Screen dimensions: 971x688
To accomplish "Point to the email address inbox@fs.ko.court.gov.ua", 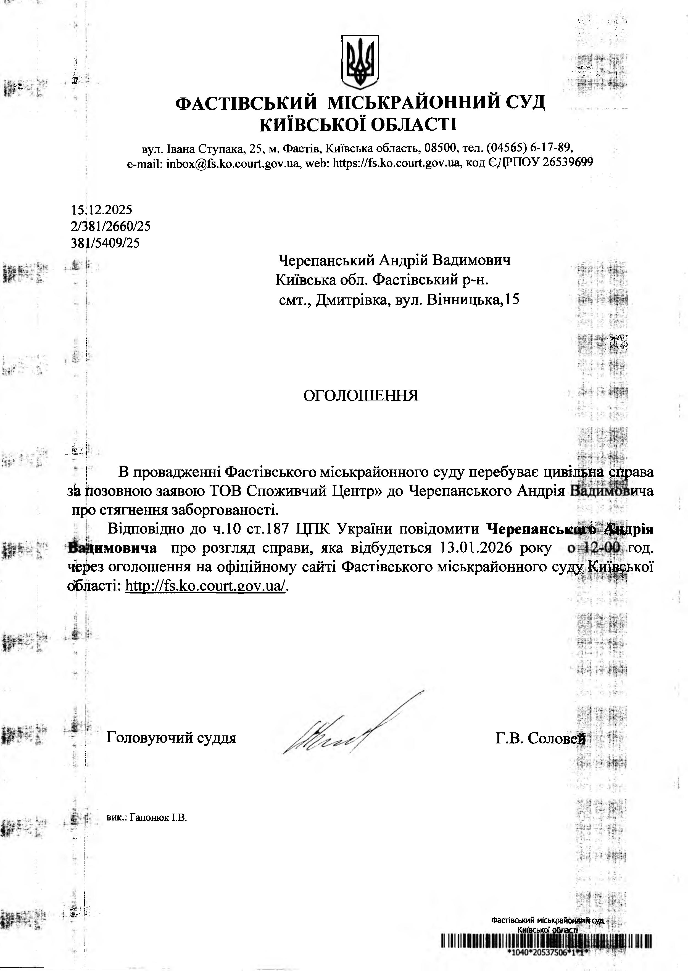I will (233, 163).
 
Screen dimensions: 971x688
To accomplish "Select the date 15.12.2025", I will (102, 210).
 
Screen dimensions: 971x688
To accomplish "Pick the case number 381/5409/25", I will (106, 243).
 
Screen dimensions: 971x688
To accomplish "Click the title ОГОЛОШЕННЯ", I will (360, 395).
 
